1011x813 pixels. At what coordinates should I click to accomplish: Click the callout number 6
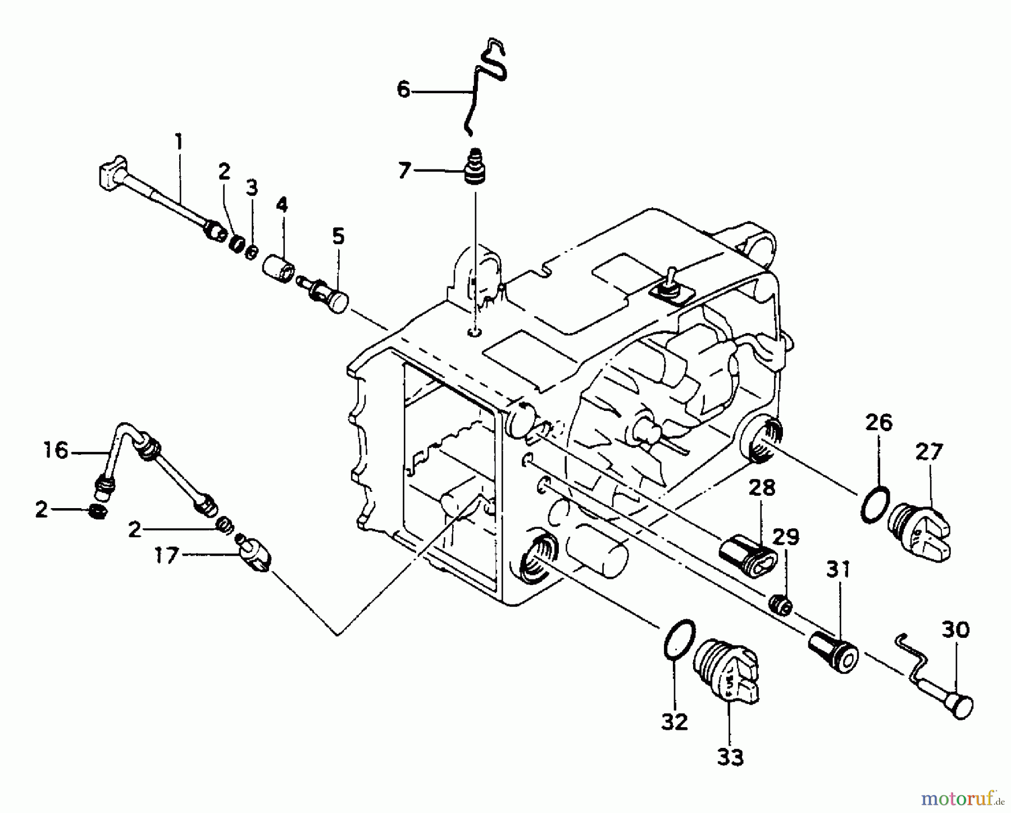(404, 89)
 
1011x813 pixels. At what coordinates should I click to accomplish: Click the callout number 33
(730, 757)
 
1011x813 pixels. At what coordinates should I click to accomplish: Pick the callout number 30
(955, 630)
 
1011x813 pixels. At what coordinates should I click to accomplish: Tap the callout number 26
(878, 422)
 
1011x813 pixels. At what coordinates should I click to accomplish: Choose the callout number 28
(761, 487)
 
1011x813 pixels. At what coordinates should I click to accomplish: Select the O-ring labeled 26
(875, 505)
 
